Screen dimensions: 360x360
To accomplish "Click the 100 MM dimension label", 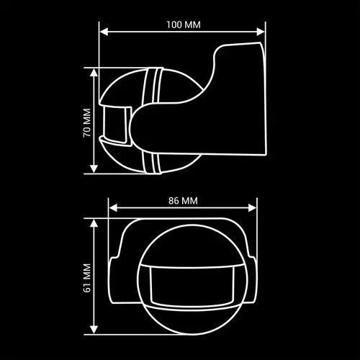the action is coord(184,24).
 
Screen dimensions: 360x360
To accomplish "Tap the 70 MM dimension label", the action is coord(87,123).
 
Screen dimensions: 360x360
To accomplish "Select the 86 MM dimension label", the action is coord(183,201).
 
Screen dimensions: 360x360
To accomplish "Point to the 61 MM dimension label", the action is coord(87,278).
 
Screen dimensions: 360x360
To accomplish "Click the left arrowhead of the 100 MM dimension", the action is coord(104,32).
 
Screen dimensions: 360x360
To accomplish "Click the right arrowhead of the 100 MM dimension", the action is coord(261,32).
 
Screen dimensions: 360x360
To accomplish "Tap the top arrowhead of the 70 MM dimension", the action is coord(94,73).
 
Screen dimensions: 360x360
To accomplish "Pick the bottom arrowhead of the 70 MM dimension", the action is coord(94,168).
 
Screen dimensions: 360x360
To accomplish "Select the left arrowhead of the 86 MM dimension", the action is coord(113,208).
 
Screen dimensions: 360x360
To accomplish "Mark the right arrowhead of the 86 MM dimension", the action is coord(252,208).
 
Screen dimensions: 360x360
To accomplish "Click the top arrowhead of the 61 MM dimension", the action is coord(94,223).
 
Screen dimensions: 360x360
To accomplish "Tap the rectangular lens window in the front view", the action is coord(192,286).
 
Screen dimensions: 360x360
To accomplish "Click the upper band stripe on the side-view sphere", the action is coord(153,86).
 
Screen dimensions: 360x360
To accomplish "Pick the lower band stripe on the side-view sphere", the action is coord(152,163).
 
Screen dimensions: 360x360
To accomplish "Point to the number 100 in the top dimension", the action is coord(174,24).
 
